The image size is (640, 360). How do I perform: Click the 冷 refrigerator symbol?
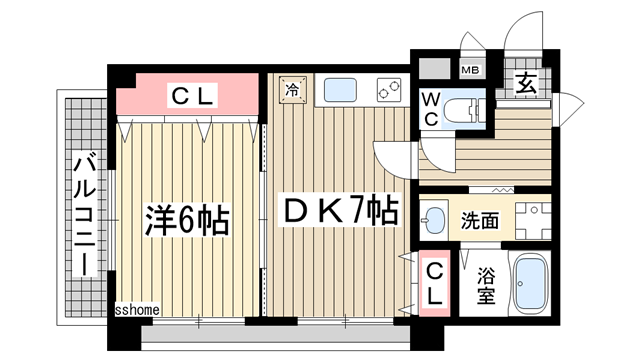point(293,88)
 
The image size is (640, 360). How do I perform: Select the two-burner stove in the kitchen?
point(385,90)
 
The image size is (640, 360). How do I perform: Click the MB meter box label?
point(469,71)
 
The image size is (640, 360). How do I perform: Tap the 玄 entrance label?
point(526,84)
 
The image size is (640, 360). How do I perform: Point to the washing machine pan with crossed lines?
point(535,217)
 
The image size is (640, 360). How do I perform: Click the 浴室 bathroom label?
point(485,284)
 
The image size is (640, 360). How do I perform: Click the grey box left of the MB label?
point(434,71)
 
